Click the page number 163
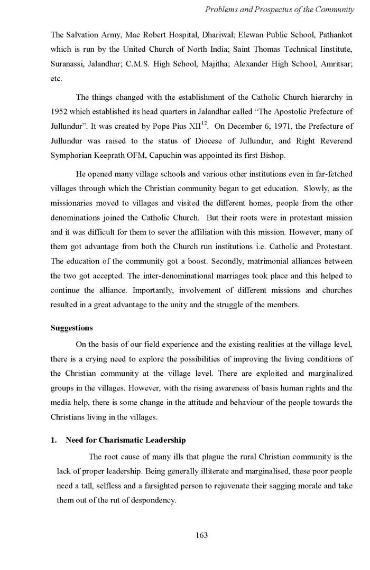[201, 535]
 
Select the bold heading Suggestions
[71, 328]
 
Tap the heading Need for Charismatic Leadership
[125, 440]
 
